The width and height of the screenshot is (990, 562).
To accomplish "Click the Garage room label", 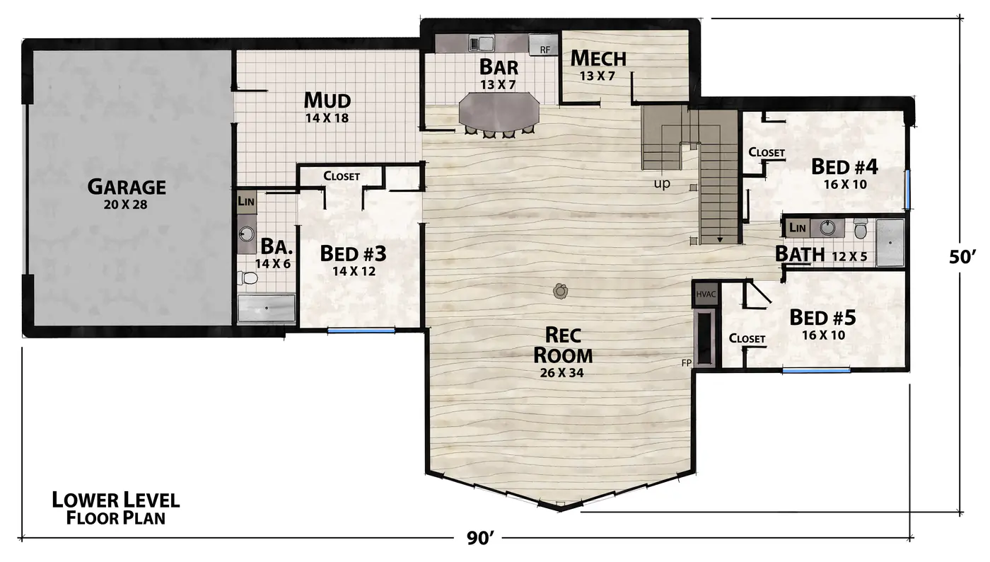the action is (x=127, y=187).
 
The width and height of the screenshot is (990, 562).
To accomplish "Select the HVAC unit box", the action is (x=706, y=294).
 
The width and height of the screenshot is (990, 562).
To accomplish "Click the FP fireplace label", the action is (x=687, y=363).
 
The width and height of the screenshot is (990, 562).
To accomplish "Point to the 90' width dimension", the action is (x=479, y=538).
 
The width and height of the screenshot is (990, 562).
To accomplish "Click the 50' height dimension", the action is (x=962, y=257).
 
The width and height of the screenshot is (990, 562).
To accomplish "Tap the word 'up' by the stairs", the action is (x=662, y=183).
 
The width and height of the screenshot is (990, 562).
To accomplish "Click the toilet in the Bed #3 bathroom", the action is (x=248, y=278).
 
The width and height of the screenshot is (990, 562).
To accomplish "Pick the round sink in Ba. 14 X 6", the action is (x=246, y=233).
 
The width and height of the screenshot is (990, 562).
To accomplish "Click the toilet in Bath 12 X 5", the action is (x=861, y=229).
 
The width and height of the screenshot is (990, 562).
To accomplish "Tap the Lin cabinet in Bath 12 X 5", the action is (x=798, y=228).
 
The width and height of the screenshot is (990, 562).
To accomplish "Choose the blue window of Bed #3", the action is (x=361, y=330).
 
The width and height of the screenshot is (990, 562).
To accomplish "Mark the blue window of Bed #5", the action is (x=816, y=370).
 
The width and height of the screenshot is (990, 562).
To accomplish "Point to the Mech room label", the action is (x=598, y=58).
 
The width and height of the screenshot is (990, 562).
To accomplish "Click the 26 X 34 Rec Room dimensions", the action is (x=561, y=373).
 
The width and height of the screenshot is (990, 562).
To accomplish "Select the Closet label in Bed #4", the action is (x=767, y=152).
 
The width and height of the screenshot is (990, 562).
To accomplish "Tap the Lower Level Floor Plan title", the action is (x=116, y=508).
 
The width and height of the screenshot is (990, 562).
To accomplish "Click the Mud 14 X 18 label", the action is (x=327, y=107).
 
